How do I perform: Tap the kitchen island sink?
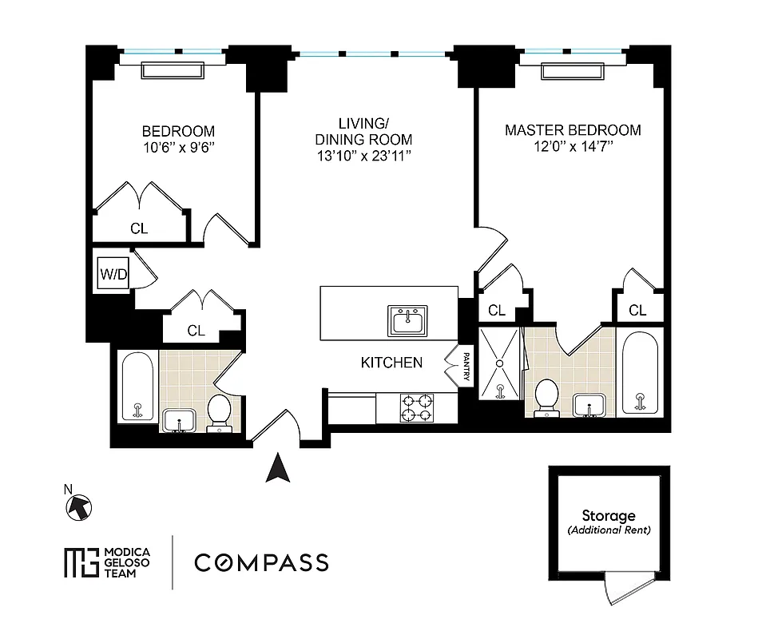point(408,321)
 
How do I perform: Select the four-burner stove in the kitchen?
point(416,407)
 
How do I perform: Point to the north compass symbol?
point(81,506)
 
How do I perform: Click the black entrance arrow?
point(277,468)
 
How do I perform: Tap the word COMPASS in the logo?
point(261,562)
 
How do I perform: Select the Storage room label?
point(608,516)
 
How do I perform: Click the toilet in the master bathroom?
point(546,397)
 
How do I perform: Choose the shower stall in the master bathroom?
point(499,364)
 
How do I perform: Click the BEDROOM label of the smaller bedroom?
point(178,131)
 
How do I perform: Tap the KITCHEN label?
point(391,363)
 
